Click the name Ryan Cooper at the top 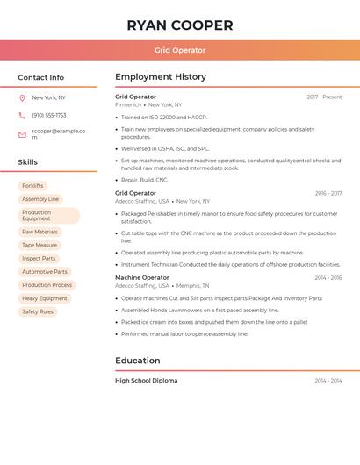point(180,25)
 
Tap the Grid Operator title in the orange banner point(180,50)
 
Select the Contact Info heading point(41,77)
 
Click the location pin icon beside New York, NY point(22,97)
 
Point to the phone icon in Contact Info point(22,115)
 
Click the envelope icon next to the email point(22,134)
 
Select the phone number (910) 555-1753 point(49,115)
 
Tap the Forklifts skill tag point(32,186)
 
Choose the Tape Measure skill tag point(40,245)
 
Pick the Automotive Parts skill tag point(45,272)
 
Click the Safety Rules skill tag point(38,311)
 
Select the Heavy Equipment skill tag point(45,298)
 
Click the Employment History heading point(161,77)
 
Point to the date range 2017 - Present point(324,97)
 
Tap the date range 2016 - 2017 point(328,193)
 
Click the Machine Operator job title point(142,277)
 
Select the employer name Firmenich point(128,104)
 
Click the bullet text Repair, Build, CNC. point(144,180)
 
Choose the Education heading point(138,361)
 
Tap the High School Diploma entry point(147,381)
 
